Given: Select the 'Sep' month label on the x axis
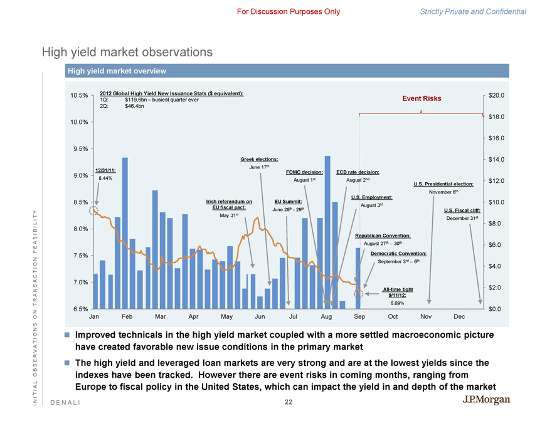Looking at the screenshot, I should click(x=359, y=317).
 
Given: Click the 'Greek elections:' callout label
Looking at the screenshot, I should click(x=259, y=160).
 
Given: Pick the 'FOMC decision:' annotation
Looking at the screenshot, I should click(x=304, y=172).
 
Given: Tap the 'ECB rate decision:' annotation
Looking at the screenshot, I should click(x=358, y=172).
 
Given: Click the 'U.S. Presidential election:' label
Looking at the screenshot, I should click(x=443, y=184).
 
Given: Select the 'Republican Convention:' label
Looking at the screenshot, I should click(x=383, y=235).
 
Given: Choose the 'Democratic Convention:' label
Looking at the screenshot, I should click(x=398, y=253).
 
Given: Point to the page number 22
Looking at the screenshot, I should click(x=288, y=402).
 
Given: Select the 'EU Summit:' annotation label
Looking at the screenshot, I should click(x=289, y=200).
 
